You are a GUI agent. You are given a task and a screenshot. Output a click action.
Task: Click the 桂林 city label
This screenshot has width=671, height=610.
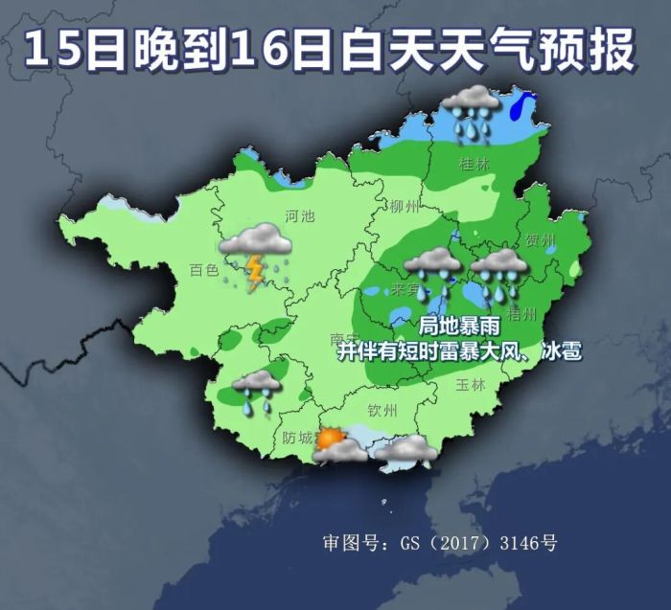tap(474, 164)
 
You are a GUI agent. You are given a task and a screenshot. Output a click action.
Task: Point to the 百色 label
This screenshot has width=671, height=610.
tap(204, 271)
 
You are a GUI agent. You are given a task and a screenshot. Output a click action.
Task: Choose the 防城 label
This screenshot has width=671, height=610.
tap(298, 438)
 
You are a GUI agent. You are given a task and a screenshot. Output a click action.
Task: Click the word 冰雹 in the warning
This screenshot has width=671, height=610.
tap(559, 351)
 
